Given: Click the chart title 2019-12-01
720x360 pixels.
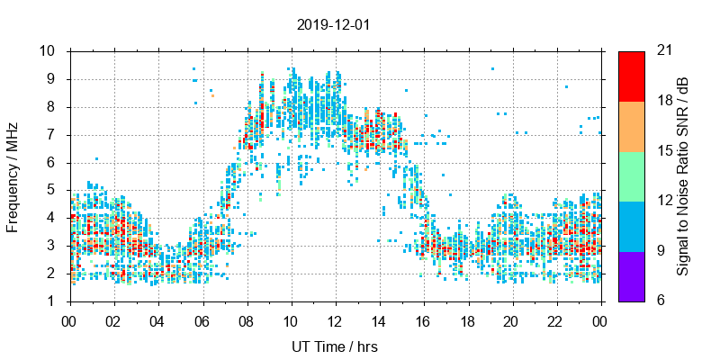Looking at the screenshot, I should click(x=333, y=24).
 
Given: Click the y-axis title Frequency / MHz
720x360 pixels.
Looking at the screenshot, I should click(x=13, y=175).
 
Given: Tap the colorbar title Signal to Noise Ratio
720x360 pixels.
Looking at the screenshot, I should click(x=683, y=175).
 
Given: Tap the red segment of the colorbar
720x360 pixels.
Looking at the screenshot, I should click(x=631, y=76).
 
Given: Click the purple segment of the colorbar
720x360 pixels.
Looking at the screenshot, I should click(x=631, y=275).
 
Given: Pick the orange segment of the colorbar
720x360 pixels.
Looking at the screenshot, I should click(x=631, y=126).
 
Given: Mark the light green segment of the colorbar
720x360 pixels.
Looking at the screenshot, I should click(x=631, y=175).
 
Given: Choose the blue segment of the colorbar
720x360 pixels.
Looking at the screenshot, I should click(x=631, y=226).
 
